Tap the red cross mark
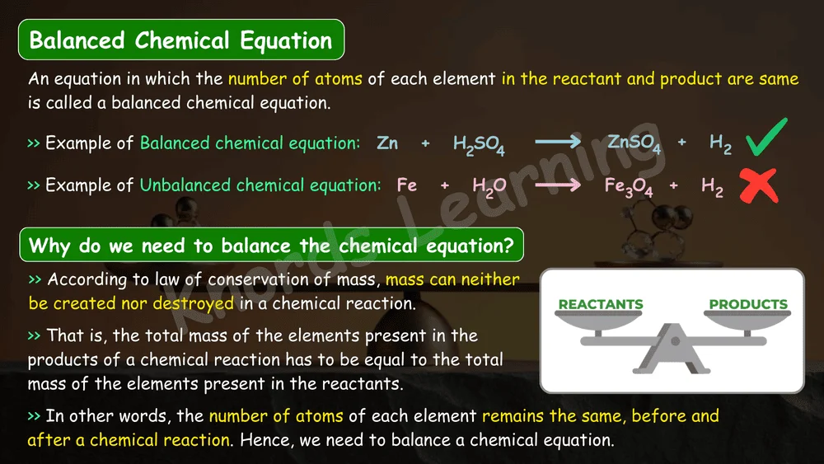point(758,185)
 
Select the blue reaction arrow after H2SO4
point(558,142)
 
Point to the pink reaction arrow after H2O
point(558,185)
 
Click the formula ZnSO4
point(634,143)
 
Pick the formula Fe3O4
point(629,186)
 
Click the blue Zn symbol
point(387,143)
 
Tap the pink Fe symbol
point(407,185)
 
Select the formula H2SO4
point(479,144)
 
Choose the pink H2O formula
point(489,187)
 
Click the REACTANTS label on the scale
point(601,304)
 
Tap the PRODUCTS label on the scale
point(748,304)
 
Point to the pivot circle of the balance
point(676,341)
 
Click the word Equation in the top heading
point(286,40)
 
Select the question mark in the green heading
point(508,245)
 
